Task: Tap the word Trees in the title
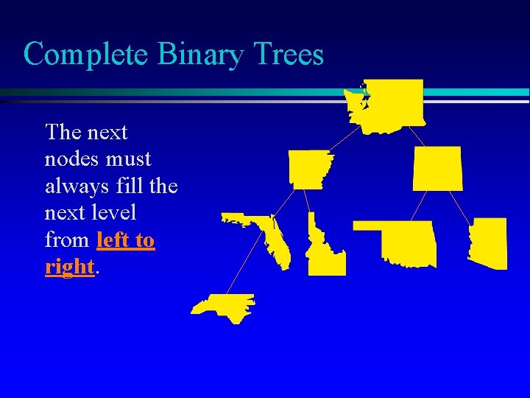[288, 54]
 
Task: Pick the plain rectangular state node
[438, 168]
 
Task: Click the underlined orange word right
[69, 267]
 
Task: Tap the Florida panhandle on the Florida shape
[243, 219]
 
